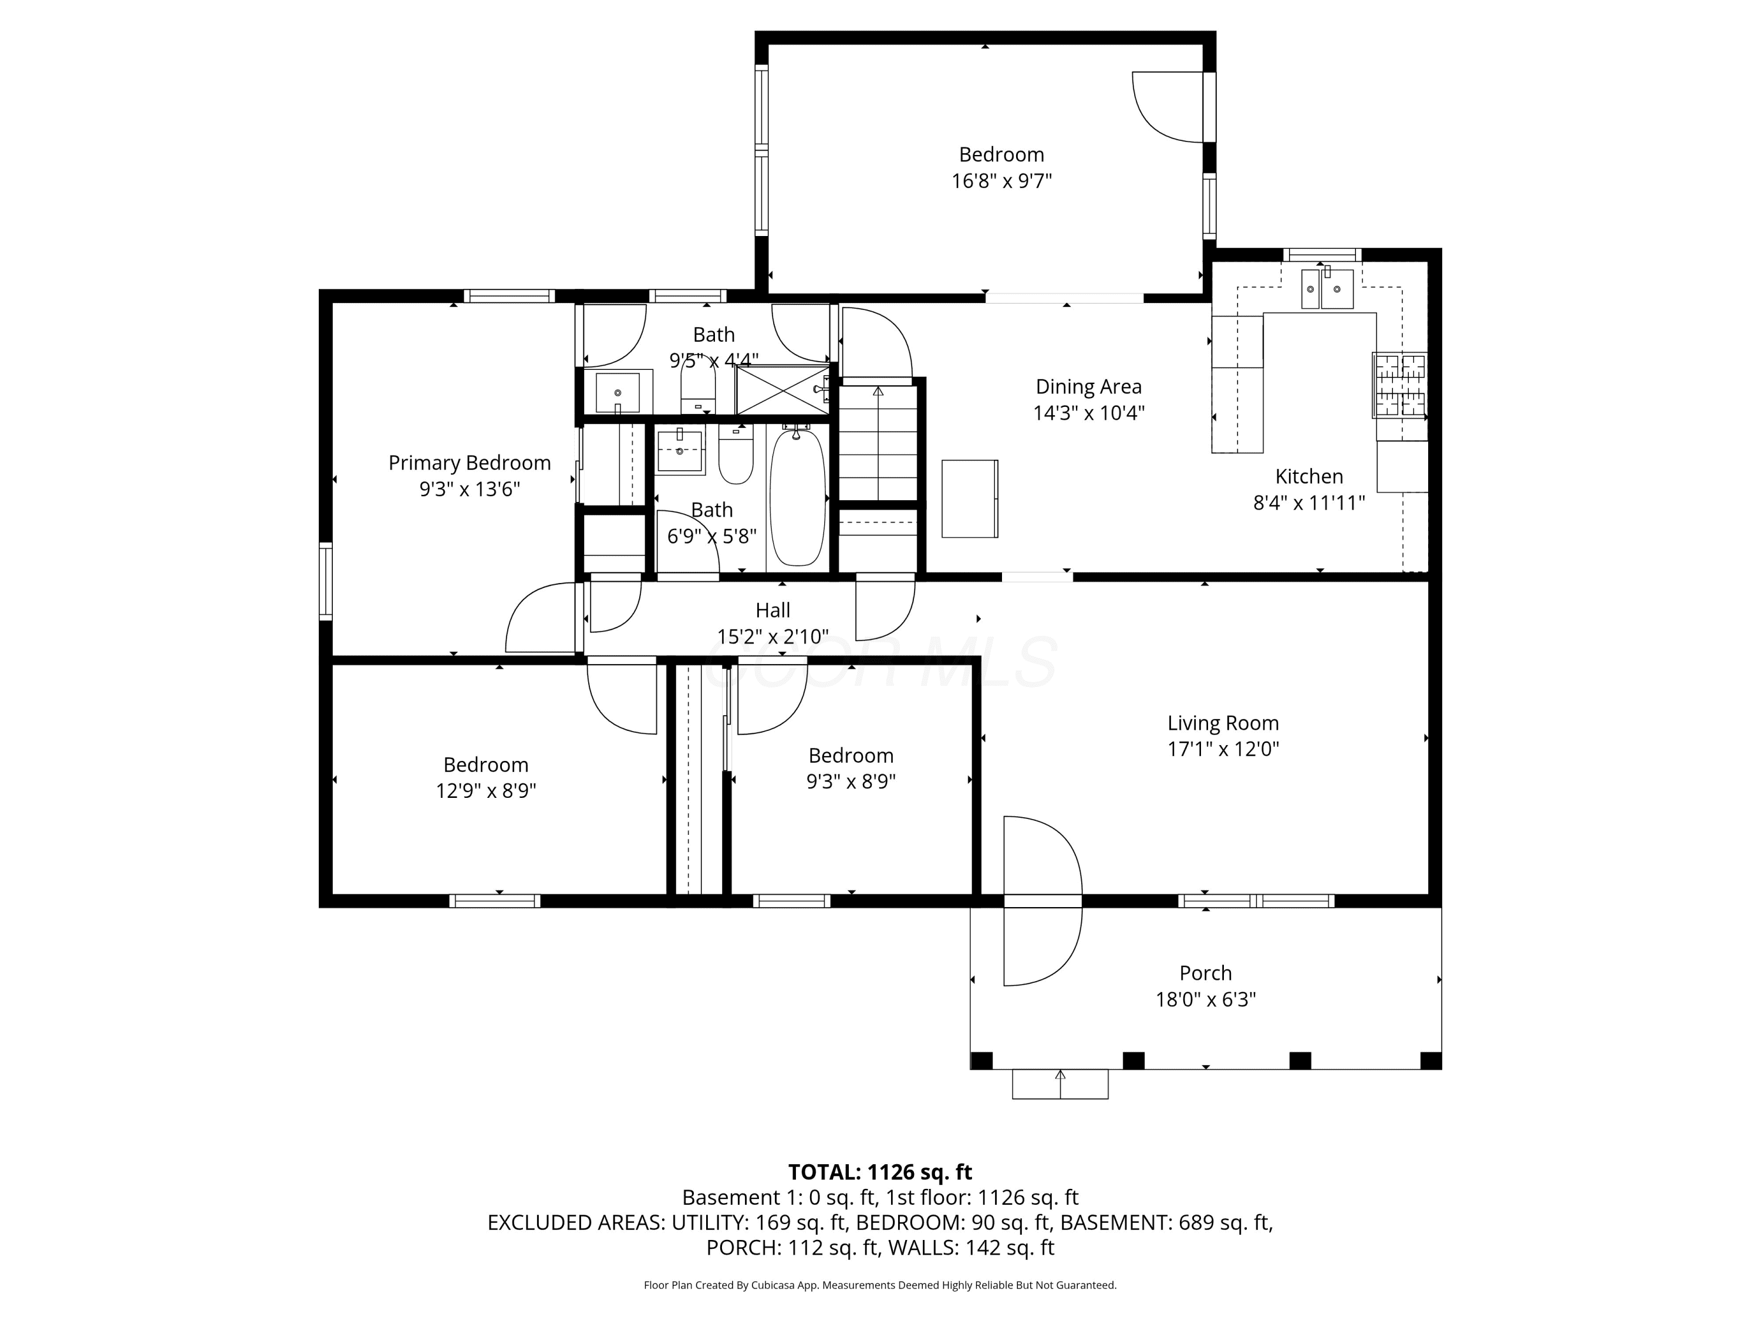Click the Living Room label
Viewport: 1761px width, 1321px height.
point(1223,723)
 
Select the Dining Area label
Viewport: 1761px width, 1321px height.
point(1088,387)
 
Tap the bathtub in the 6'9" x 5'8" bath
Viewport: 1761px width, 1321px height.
point(797,496)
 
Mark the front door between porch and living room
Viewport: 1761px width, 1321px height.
point(1042,901)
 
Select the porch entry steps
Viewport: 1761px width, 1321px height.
point(1060,1084)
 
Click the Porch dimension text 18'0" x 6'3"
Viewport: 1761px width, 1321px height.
point(1205,999)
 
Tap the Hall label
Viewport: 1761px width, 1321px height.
point(772,611)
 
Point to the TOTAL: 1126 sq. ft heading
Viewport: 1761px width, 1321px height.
point(880,1172)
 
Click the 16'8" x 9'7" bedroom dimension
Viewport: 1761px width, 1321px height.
point(1001,181)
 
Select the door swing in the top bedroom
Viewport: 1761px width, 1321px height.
point(1167,107)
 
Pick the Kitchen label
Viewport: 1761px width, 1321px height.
point(1309,477)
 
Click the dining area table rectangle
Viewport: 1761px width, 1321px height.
point(970,498)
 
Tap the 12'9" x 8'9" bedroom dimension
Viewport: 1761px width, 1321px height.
point(485,791)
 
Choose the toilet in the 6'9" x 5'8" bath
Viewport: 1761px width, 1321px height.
point(736,454)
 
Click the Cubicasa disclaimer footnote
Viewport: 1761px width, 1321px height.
point(880,1285)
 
